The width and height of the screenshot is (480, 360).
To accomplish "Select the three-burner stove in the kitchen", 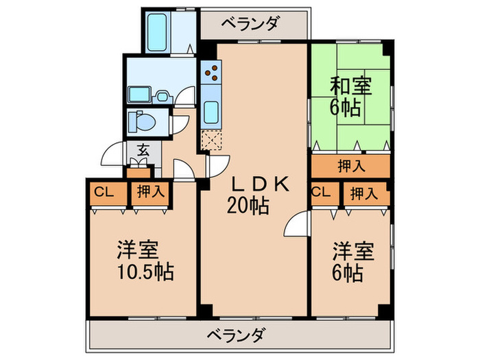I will tap(212, 73).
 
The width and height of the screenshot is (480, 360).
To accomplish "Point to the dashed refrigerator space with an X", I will tap(211, 139).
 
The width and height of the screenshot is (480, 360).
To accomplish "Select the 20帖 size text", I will tap(248, 204).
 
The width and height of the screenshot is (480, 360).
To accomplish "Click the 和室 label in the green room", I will tap(351, 86).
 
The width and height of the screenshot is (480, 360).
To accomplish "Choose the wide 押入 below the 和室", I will tap(351, 165).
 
